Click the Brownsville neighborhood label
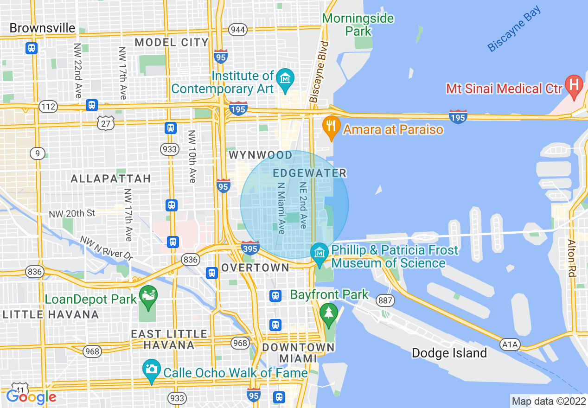click(x=42, y=28)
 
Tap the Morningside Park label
click(x=358, y=25)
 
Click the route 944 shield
click(x=237, y=30)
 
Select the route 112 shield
click(x=48, y=107)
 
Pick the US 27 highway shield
click(x=106, y=123)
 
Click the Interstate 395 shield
click(x=250, y=247)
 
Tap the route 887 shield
click(x=385, y=300)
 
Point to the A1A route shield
click(x=511, y=344)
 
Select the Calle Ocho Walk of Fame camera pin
click(x=151, y=370)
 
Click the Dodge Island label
click(x=449, y=353)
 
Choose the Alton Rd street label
click(x=571, y=258)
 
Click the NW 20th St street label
click(x=72, y=214)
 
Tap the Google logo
click(x=31, y=397)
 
